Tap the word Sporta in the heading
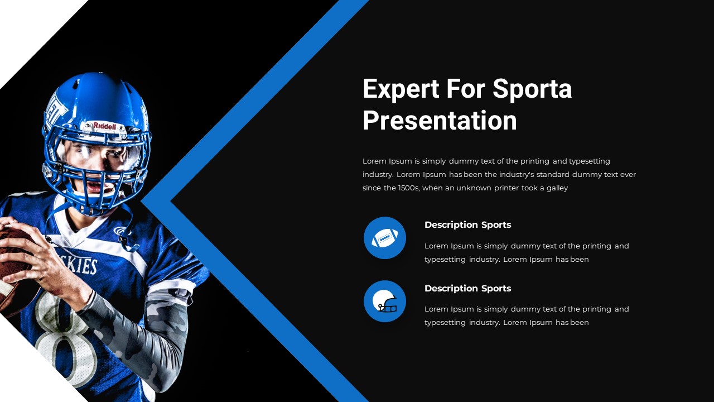click(x=533, y=89)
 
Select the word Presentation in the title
click(x=440, y=121)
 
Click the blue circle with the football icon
click(x=385, y=238)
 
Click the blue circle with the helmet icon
click(x=385, y=301)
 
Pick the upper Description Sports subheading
click(x=467, y=225)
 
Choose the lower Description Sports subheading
click(x=467, y=289)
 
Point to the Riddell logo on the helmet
click(x=104, y=126)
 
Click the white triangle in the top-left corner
click(x=28, y=28)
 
